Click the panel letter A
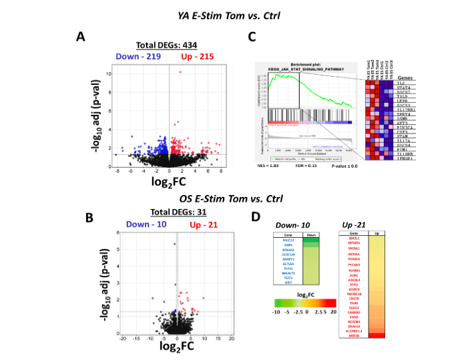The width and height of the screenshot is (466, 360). coord(79,37)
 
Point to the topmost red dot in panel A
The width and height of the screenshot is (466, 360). coord(180,72)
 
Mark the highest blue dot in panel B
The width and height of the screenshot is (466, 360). coord(175,244)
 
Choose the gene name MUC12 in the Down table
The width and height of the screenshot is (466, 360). coord(287,239)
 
